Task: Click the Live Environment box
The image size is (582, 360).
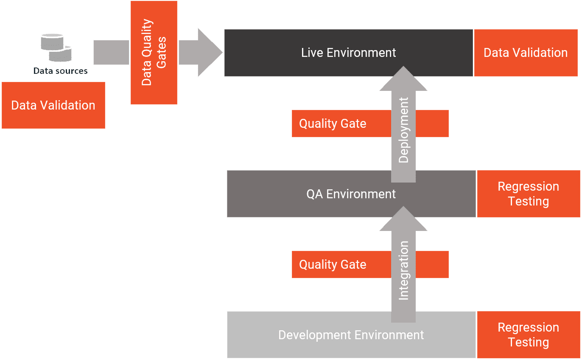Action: (297, 53)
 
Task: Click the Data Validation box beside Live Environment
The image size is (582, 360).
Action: (526, 53)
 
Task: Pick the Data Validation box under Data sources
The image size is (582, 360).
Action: (53, 105)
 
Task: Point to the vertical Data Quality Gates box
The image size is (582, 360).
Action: (154, 53)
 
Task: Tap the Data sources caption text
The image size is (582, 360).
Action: (61, 71)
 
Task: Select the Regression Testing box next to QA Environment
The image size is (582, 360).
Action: (528, 194)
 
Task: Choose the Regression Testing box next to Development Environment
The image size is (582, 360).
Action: (528, 335)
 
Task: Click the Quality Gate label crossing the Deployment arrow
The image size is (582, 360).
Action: (333, 124)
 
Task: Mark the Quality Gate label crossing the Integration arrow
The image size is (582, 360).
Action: (333, 264)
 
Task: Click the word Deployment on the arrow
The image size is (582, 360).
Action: (403, 130)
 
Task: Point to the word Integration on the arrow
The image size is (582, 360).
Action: (403, 270)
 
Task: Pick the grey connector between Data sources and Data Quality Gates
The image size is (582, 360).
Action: (111, 53)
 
